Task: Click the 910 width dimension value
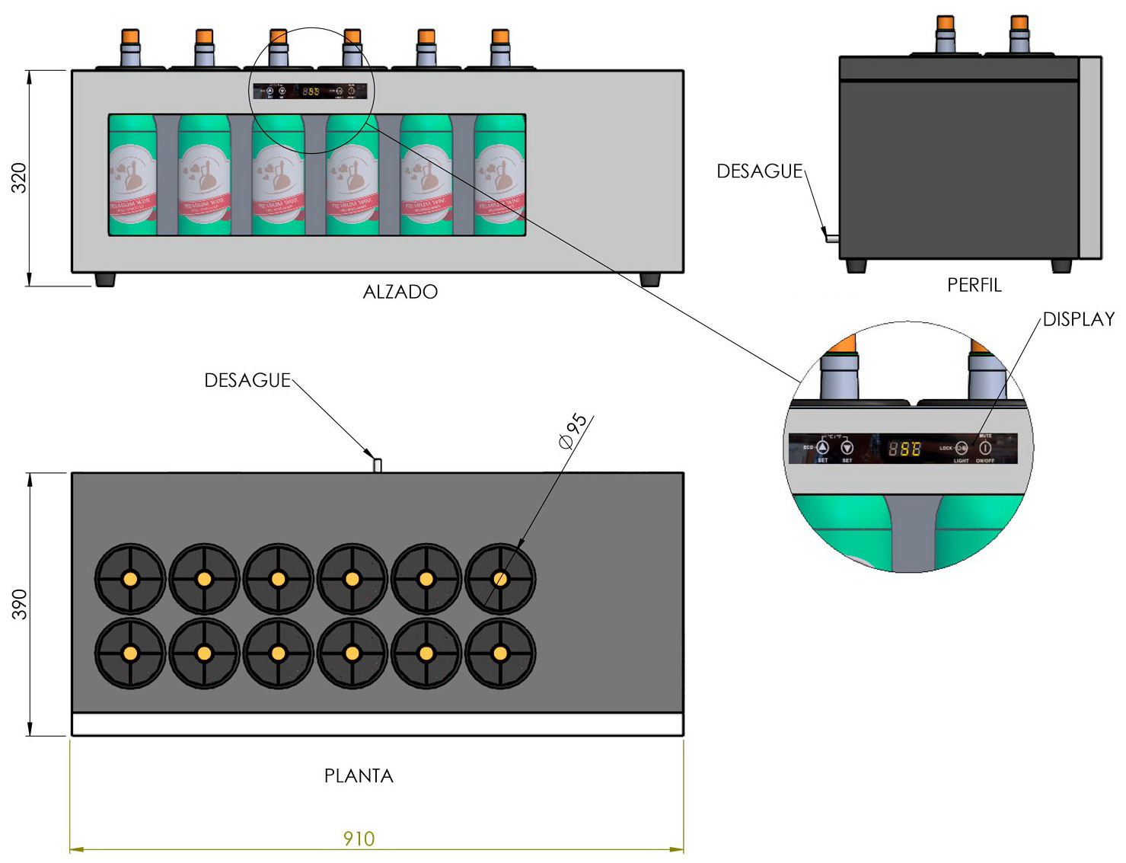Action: pos(359,839)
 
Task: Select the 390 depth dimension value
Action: pos(19,604)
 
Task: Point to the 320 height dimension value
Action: pos(19,177)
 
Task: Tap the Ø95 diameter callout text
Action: pos(573,431)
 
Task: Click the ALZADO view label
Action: pos(400,292)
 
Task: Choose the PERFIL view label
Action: pos(974,286)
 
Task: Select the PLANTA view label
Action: pos(359,776)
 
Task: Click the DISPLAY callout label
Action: pos(1078,319)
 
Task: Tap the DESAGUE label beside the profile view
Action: pos(759,171)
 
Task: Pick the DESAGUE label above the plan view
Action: pos(247,380)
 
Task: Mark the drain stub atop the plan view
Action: pos(377,465)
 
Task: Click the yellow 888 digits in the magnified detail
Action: pos(904,449)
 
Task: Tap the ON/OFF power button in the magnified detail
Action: pos(985,448)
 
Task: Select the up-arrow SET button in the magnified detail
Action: pos(822,448)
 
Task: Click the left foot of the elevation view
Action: pos(105,280)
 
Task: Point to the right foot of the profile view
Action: pos(1061,266)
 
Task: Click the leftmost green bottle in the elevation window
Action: pos(132,175)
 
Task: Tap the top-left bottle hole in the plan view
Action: pos(130,579)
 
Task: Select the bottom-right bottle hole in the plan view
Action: pos(500,653)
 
